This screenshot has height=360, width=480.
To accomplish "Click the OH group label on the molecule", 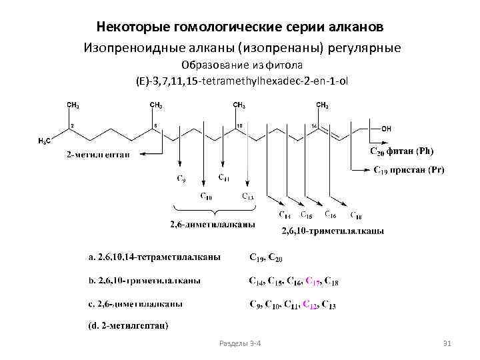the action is [387, 129].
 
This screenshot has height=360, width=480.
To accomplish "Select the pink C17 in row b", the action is [312, 281].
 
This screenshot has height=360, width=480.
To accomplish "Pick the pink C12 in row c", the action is [309, 305].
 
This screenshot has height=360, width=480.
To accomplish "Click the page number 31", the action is [447, 343].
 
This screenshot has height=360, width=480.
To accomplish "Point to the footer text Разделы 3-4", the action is [240, 343].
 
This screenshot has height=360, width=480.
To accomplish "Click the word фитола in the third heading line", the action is [287, 65].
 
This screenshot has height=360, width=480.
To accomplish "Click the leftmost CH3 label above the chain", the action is [73, 105].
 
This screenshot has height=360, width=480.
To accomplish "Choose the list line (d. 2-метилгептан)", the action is [128, 326].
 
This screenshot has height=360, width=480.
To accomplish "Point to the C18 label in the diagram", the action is [356, 215].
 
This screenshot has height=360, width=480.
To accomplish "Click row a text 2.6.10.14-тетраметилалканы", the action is [155, 257].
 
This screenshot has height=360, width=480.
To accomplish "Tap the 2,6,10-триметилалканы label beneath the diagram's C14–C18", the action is [333, 231].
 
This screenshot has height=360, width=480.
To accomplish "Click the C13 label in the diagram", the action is [247, 196].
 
